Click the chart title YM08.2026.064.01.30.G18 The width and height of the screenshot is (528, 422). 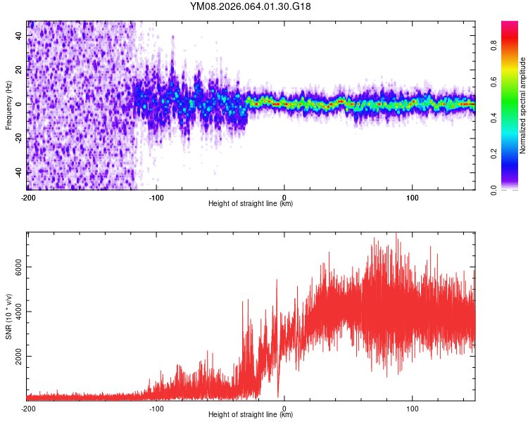pos(251,7)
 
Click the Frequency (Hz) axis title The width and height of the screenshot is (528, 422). pos(8,105)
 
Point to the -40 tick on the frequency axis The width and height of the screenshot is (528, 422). pos(19,172)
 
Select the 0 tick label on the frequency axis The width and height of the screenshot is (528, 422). pos(19,104)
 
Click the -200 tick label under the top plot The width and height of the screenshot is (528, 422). pos(28,197)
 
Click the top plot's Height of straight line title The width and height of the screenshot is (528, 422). pos(251,204)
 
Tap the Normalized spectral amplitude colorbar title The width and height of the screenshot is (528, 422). pos(523,105)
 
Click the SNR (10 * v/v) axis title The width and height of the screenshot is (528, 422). pos(8,316)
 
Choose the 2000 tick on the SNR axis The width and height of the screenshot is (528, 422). pos(19,357)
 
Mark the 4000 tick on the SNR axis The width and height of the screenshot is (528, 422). pos(19,312)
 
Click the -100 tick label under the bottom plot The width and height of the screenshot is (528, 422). pos(156,408)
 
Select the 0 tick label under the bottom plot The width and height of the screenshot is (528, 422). pos(284,408)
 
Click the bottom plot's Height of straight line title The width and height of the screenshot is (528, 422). pos(251,415)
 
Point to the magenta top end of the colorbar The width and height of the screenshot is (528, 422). pos(510,25)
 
